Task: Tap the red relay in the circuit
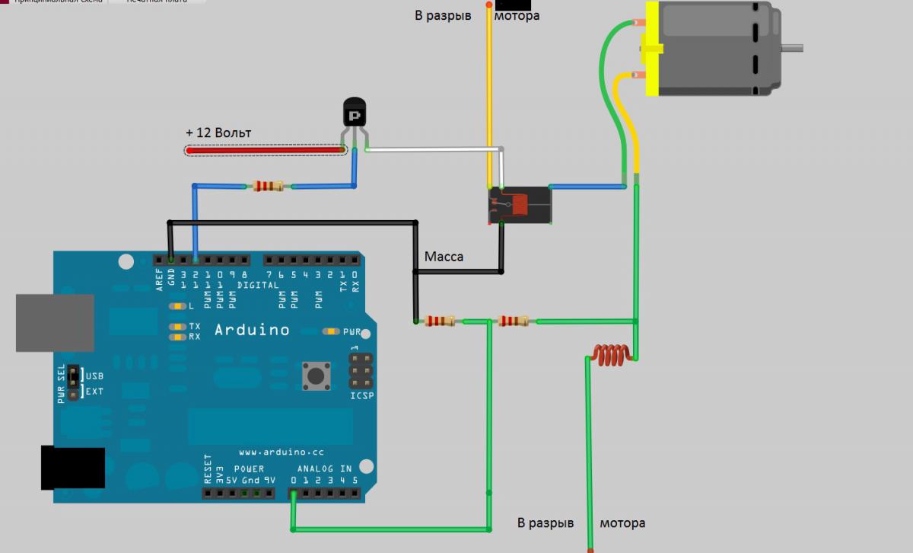[x=520, y=205]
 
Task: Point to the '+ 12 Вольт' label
[x=218, y=133]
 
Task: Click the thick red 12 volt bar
[x=266, y=150]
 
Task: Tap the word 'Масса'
[x=444, y=257]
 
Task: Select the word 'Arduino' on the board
[x=252, y=330]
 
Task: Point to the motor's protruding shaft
[x=792, y=48]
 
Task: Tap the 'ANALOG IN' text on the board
[x=325, y=468]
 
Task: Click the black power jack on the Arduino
[x=72, y=467]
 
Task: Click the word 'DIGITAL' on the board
[x=258, y=285]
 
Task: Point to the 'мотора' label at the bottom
[x=622, y=523]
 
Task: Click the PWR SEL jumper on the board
[x=73, y=383]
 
